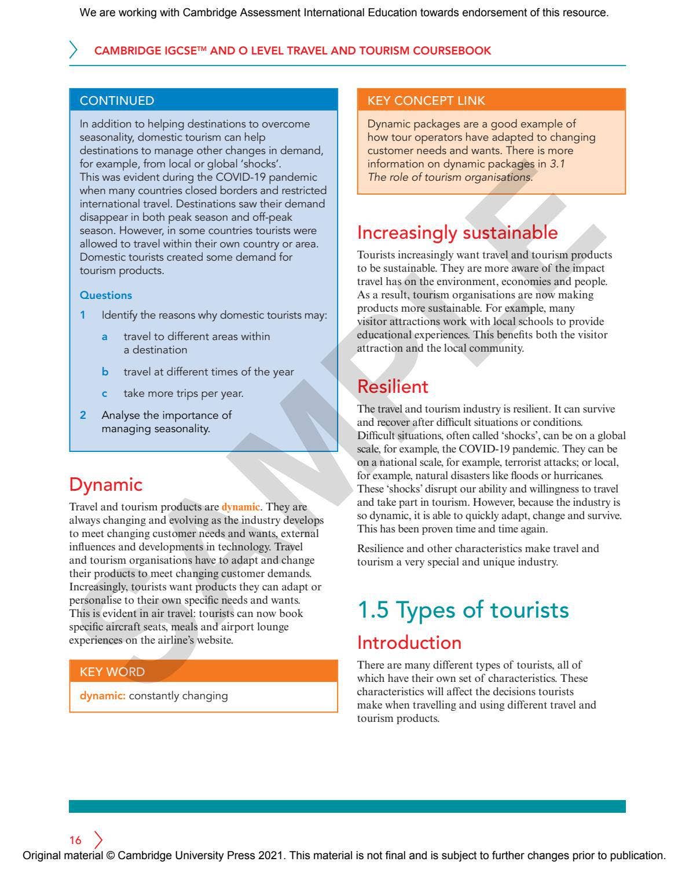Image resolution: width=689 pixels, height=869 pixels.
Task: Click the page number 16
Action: click(75, 840)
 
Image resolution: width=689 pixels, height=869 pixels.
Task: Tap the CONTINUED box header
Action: click(117, 101)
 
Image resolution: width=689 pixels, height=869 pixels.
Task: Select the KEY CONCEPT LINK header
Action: click(426, 100)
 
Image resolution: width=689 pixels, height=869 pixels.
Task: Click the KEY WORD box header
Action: click(112, 671)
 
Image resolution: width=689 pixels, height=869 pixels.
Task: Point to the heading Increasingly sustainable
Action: click(457, 232)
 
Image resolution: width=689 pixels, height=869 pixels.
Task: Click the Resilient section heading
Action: click(393, 386)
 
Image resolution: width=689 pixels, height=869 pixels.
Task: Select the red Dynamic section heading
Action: click(105, 484)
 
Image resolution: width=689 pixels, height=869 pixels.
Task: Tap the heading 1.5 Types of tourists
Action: click(463, 610)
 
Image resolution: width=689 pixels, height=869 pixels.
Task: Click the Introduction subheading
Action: click(409, 642)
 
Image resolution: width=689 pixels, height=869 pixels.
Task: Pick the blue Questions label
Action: click(106, 295)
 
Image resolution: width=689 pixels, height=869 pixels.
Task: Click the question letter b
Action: click(105, 372)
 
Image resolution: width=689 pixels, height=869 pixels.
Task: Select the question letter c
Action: click(105, 394)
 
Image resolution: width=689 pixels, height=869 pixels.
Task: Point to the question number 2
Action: click(83, 415)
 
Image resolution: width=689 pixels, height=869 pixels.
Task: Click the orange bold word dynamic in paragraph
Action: click(240, 507)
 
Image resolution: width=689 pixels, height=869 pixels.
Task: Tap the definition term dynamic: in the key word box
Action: click(102, 696)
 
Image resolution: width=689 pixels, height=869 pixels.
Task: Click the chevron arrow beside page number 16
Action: click(98, 840)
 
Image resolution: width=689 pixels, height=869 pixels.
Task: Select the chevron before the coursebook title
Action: click(74, 50)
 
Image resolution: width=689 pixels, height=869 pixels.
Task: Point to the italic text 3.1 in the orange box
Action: click(557, 164)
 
